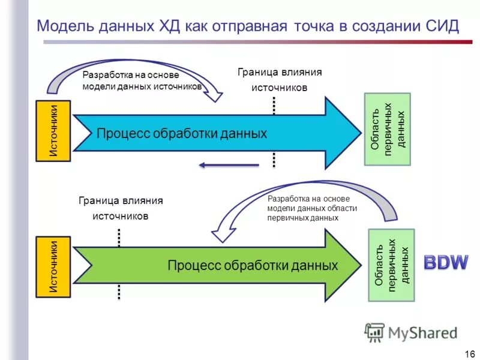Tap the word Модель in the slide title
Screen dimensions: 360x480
62,26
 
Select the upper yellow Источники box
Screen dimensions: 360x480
54,131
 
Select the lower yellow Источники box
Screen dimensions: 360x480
54,266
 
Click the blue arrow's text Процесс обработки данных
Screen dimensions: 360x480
181,133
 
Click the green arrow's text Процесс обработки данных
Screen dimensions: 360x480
253,265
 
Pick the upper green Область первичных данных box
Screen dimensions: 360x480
388,129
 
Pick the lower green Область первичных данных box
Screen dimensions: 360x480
391,265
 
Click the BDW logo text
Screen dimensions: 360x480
446,262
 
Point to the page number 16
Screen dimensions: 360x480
469,353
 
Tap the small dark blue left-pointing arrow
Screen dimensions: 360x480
228,166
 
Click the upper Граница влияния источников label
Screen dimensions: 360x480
279,80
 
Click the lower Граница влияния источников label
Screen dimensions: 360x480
120,208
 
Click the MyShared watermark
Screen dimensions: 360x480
411,332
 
